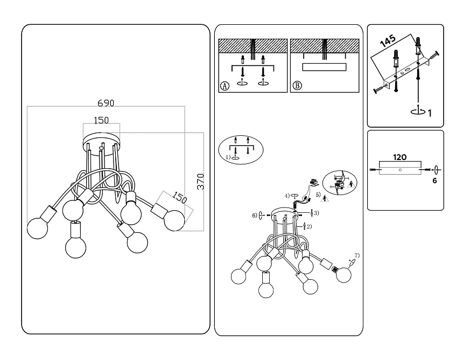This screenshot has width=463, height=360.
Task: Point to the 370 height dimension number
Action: (x=200, y=181)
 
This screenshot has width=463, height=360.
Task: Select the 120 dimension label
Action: (x=399, y=158)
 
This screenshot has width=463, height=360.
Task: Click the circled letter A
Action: (x=225, y=86)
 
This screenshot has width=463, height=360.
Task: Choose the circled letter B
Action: (x=297, y=86)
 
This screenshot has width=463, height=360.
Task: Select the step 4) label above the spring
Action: (x=288, y=195)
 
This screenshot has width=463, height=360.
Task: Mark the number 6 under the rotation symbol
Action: (x=434, y=182)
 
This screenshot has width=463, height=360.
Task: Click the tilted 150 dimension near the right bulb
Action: (x=180, y=197)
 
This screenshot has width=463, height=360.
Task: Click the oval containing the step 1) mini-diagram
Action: (x=241, y=149)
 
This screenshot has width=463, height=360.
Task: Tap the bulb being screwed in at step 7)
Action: (x=343, y=275)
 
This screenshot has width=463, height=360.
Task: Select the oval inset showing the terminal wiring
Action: (x=342, y=185)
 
